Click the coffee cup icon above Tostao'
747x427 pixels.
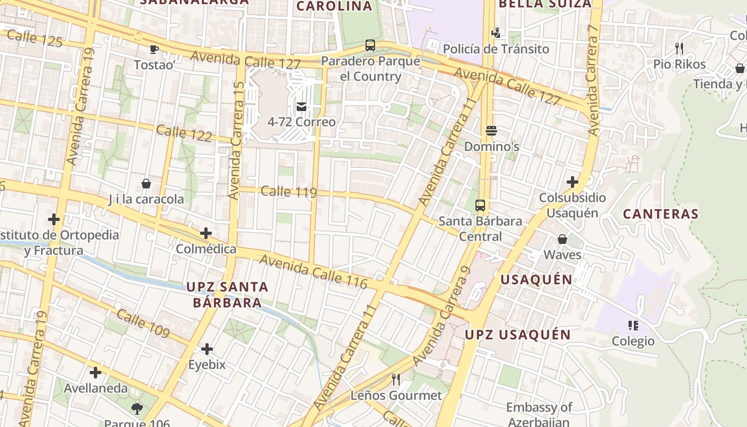pyautogui.click(x=154, y=49)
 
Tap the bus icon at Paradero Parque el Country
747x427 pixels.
pyautogui.click(x=370, y=45)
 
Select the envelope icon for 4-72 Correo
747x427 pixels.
pyautogui.click(x=301, y=106)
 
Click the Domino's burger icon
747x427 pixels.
pyautogui.click(x=491, y=131)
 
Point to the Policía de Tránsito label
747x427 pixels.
pyautogui.click(x=496, y=49)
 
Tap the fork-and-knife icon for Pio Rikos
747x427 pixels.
pyautogui.click(x=679, y=49)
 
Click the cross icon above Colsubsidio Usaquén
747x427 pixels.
pyautogui.click(x=573, y=182)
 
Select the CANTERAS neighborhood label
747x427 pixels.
pyautogui.click(x=661, y=214)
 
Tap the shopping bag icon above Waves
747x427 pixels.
pyautogui.click(x=562, y=239)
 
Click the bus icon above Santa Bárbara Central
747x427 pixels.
pyautogui.click(x=480, y=205)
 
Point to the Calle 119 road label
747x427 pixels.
pyautogui.click(x=289, y=192)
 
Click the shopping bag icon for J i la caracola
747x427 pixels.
pyautogui.click(x=146, y=184)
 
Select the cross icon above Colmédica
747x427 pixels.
pyautogui.click(x=206, y=233)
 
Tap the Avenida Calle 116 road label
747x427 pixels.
pyautogui.click(x=314, y=271)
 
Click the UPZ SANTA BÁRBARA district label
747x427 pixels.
pyautogui.click(x=227, y=295)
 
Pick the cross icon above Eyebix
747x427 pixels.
pyautogui.click(x=207, y=349)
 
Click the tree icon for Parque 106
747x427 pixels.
pyautogui.click(x=137, y=409)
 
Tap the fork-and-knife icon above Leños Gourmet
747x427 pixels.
pyautogui.click(x=396, y=379)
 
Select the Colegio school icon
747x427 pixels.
pyautogui.click(x=633, y=325)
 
